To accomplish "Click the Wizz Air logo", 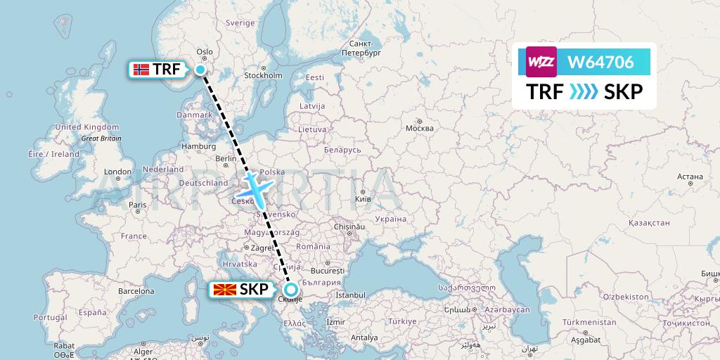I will click(x=541, y=62).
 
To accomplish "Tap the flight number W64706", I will click(x=600, y=63).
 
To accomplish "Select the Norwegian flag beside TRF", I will click(x=141, y=69).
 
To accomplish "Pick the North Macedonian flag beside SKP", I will click(x=224, y=289).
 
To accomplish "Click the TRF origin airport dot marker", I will click(x=200, y=69).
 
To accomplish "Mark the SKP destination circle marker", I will click(x=290, y=289).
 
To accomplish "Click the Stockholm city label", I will click(x=262, y=75).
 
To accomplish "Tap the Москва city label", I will click(x=420, y=129).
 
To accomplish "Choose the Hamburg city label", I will click(x=198, y=146).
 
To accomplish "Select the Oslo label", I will click(x=204, y=51).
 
